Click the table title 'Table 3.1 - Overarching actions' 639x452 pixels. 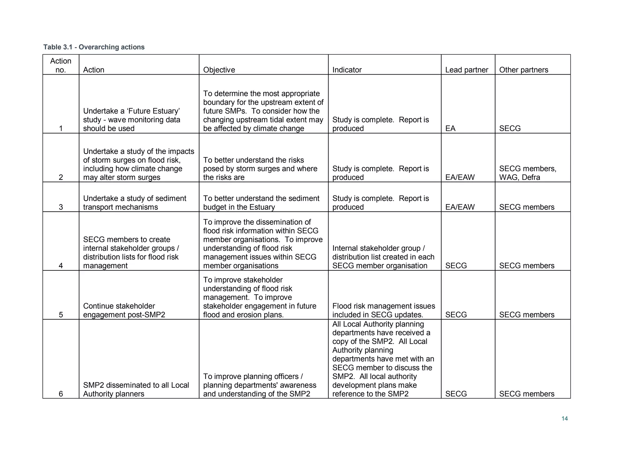[94, 47]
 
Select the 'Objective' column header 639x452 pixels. [219, 70]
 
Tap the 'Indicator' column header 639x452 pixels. [347, 70]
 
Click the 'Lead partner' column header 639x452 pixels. [466, 70]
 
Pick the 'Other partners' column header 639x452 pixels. [523, 70]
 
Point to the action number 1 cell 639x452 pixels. [61, 128]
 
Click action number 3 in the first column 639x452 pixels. [61, 207]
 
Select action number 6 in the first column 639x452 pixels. [61, 394]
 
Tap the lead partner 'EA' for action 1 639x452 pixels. [450, 128]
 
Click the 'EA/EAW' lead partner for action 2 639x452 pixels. [460, 177]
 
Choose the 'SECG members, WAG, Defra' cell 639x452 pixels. [527, 173]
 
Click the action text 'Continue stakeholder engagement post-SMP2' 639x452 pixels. [124, 310]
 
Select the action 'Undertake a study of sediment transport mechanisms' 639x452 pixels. [134, 203]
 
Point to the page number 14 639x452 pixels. [564, 419]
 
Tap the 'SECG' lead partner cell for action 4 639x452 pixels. [456, 266]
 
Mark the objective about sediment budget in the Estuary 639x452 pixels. [261, 203]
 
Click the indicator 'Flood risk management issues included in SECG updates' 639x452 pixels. [383, 310]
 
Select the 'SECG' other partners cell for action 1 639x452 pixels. [510, 128]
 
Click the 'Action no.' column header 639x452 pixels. [61, 65]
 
